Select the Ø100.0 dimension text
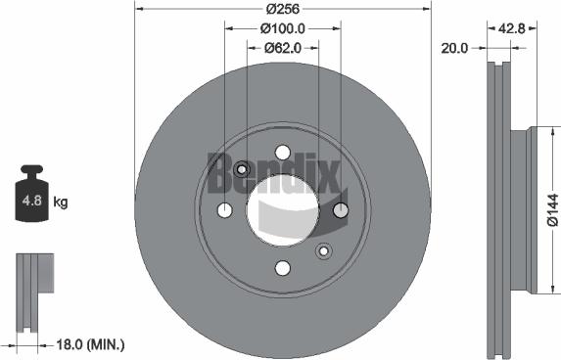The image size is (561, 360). point(284,28)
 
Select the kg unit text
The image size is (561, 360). point(61,203)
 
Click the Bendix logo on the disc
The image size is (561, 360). point(273,173)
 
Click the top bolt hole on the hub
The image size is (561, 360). point(283,153)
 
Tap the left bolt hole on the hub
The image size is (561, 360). point(224,210)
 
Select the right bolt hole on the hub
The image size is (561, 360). point(341,210)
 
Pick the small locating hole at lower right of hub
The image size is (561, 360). point(323,251)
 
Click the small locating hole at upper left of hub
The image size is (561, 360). point(242,170)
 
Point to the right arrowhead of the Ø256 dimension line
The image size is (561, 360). point(427,10)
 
